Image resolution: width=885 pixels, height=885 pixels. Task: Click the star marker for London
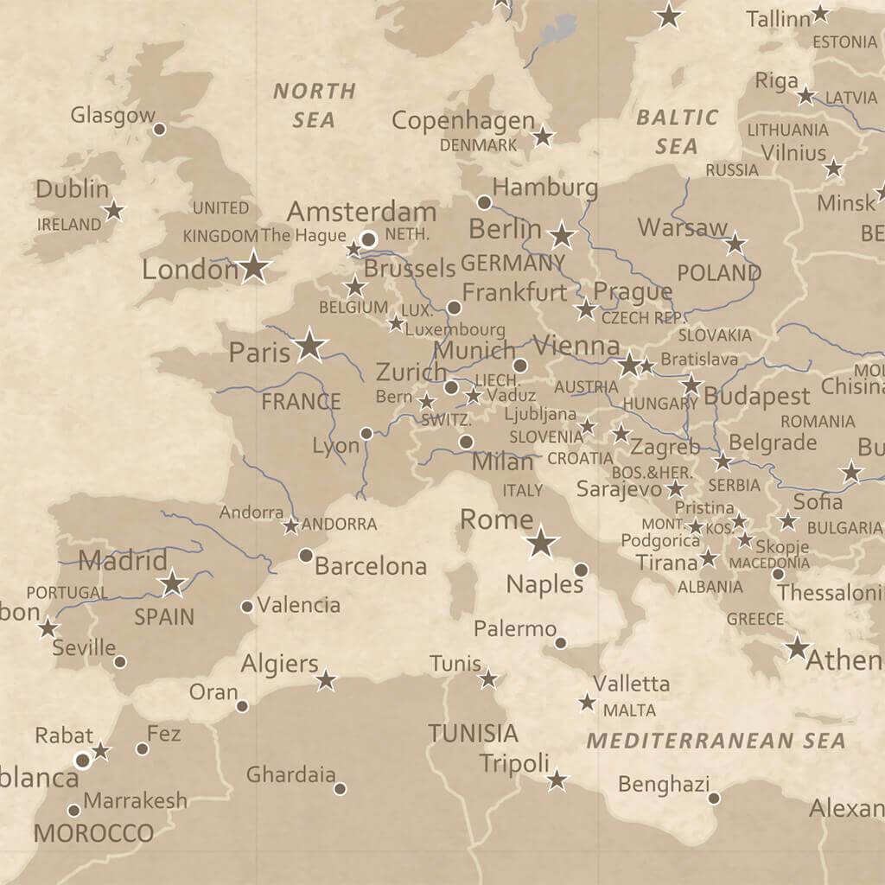[253, 267]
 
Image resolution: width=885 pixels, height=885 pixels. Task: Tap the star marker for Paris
[309, 346]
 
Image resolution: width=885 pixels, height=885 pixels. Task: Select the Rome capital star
[541, 542]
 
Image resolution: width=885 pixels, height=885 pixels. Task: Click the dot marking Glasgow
[159, 130]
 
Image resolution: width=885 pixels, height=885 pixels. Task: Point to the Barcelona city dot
[305, 555]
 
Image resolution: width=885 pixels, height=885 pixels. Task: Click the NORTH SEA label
[314, 105]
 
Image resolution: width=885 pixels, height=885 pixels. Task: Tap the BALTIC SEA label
[677, 131]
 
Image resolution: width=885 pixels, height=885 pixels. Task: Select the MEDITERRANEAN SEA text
[716, 741]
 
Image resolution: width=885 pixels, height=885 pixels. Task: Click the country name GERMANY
[513, 263]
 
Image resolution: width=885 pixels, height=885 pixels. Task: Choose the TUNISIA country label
[473, 734]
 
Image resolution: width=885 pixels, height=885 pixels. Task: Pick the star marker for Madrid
[173, 583]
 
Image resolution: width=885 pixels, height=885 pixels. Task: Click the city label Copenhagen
[462, 121]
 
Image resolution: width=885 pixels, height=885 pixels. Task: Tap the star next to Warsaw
[735, 244]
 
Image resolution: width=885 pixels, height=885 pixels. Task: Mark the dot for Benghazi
[714, 798]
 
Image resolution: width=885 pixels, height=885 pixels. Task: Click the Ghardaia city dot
[341, 788]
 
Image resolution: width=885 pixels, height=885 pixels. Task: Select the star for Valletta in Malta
[588, 703]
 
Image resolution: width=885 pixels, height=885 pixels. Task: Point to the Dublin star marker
[113, 210]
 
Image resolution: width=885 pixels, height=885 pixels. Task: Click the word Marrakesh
[135, 800]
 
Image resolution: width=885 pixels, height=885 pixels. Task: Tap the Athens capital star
[797, 647]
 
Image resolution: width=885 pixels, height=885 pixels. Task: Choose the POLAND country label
[718, 273]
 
